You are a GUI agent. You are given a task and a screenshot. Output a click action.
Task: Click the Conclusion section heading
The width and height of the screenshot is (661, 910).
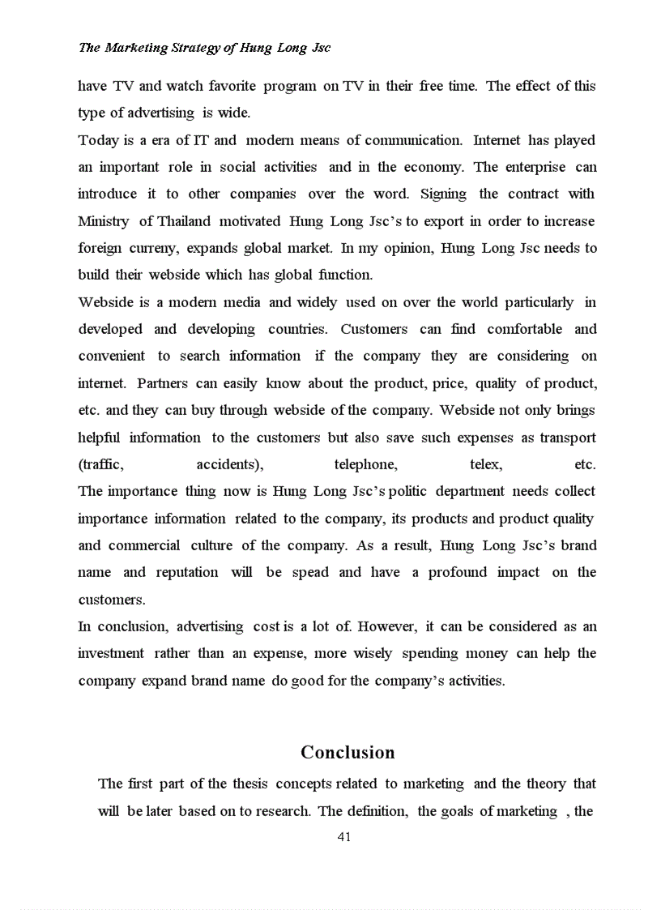click(348, 753)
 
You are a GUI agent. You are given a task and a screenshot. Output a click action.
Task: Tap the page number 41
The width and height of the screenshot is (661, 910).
click(343, 837)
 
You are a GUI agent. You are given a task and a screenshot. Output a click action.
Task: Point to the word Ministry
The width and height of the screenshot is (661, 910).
click(104, 221)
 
